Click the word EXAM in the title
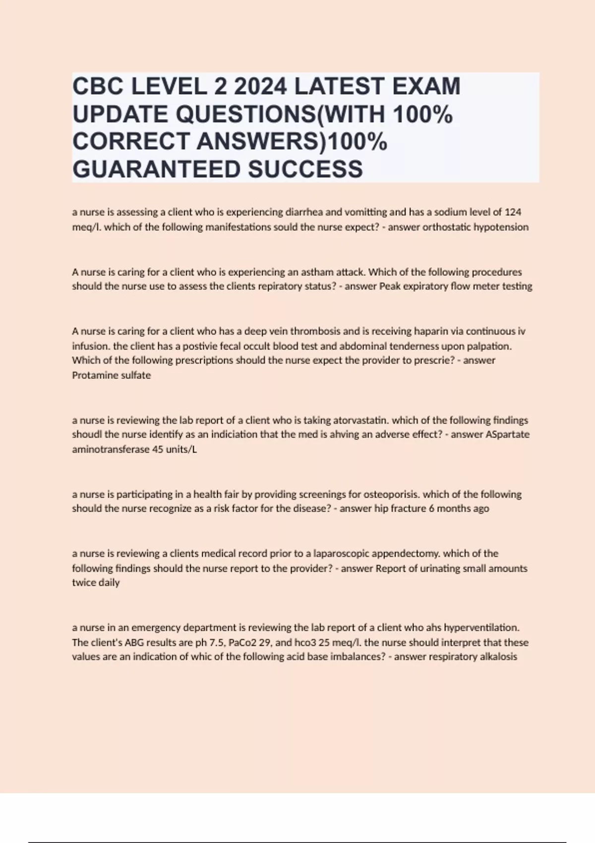426,86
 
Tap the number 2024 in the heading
260,86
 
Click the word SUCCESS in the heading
305,169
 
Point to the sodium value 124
513,212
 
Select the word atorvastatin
360,420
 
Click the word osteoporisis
391,494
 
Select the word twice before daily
83,583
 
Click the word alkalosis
498,657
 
